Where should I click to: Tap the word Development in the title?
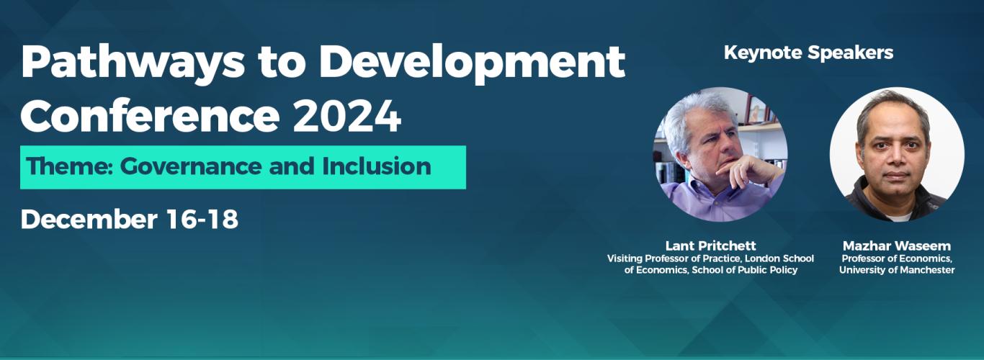471,63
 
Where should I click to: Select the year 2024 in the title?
346,115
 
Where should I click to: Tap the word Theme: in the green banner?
69,167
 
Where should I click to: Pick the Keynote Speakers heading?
808,53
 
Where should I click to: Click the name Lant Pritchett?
710,246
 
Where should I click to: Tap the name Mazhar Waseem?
896,246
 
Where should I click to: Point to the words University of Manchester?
896,270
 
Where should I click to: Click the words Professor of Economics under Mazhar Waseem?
896,258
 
